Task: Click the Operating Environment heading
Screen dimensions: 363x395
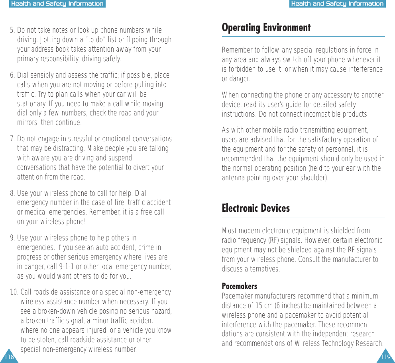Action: [266, 28]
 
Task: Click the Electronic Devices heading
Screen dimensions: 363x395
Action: [255, 208]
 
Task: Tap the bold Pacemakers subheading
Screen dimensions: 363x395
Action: [239, 286]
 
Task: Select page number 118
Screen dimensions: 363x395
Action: [9, 357]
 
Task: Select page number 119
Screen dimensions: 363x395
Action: [385, 357]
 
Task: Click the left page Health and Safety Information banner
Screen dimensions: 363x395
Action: [57, 4]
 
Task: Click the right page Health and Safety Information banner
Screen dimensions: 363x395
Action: [337, 4]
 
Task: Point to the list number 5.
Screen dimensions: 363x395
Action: [12, 31]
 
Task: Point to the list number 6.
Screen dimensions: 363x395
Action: [12, 76]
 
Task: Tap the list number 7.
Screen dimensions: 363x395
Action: [12, 139]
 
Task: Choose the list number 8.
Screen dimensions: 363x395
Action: [12, 194]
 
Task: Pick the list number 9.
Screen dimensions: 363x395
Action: [12, 238]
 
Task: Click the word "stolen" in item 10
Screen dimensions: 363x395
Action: [47, 340]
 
